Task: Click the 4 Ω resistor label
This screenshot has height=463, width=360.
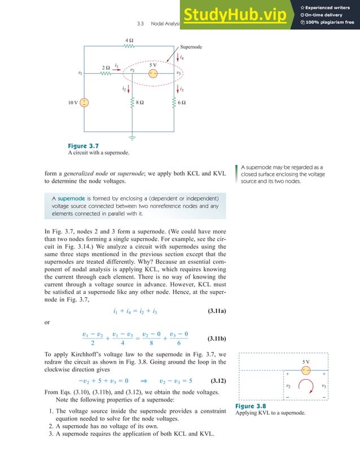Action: coord(129,41)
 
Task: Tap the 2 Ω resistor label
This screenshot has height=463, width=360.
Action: coord(106,68)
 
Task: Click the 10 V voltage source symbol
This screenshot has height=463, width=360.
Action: coord(84,103)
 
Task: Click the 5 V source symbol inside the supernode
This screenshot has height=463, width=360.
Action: coord(153,73)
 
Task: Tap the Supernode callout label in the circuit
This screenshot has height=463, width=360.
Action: coord(192,48)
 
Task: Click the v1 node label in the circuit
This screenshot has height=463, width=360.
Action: coord(80,73)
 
